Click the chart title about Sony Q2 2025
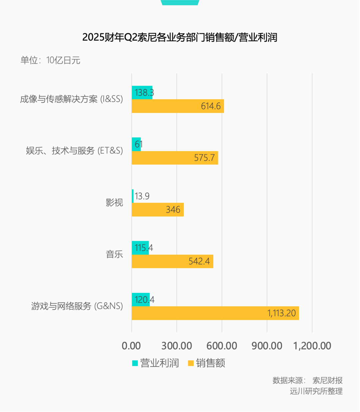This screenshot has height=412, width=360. tap(180, 37)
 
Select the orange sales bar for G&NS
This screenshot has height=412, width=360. tap(215, 313)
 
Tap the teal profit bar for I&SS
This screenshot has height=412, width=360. tap(142, 92)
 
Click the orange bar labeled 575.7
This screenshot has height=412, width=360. tap(175, 158)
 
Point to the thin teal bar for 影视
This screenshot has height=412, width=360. tap(133, 196)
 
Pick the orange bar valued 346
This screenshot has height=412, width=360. tap(157, 210)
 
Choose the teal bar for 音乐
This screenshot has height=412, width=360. tap(140, 248)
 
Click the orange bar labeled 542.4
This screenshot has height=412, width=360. tap(172, 261)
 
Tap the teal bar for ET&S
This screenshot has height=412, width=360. tap(136, 144)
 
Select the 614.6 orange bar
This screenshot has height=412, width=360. tap(178, 106)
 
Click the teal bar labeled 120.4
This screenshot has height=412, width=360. tap(140, 300)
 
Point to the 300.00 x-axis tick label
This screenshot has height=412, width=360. tap(177, 346)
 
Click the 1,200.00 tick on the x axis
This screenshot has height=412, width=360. tap(312, 346)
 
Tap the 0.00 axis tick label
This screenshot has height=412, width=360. tap(131, 346)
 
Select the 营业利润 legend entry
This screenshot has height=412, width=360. tap(156, 363)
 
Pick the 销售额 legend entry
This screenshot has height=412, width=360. tap(207, 363)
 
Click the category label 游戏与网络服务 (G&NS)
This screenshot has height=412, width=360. tap(77, 306)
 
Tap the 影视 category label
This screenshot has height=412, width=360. tap(114, 202)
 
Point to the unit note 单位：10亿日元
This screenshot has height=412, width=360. tap(50, 60)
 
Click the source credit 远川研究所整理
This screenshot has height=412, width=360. tap(316, 391)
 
